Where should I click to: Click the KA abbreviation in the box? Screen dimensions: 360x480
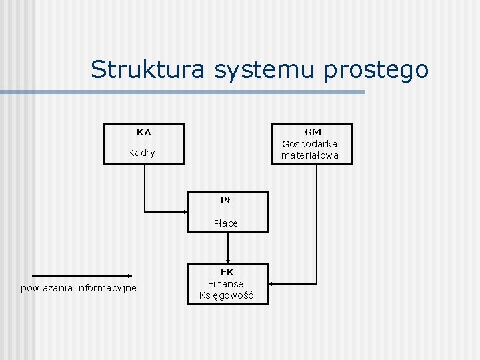tap(143, 132)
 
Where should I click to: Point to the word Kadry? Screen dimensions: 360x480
tap(141, 153)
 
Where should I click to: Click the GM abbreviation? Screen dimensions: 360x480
tap(313, 132)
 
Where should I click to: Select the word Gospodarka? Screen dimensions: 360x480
tap(309, 143)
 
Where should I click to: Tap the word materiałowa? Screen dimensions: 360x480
tap(309, 155)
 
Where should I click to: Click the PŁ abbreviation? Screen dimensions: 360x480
tap(227, 199)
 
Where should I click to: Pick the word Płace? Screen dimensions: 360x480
tap(225, 223)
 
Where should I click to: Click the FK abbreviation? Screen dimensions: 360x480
tap(227, 272)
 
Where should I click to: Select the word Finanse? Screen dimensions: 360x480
tap(225, 284)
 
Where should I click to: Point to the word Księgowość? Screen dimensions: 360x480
tap(225, 296)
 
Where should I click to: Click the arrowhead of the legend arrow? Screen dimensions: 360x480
tap(131, 275)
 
